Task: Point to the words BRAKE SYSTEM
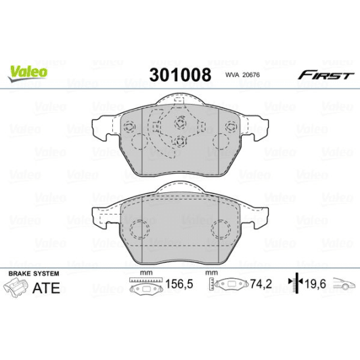click(x=34, y=273)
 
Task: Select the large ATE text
click(x=47, y=288)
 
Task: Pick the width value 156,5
click(x=177, y=286)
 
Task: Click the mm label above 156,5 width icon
click(x=143, y=273)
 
